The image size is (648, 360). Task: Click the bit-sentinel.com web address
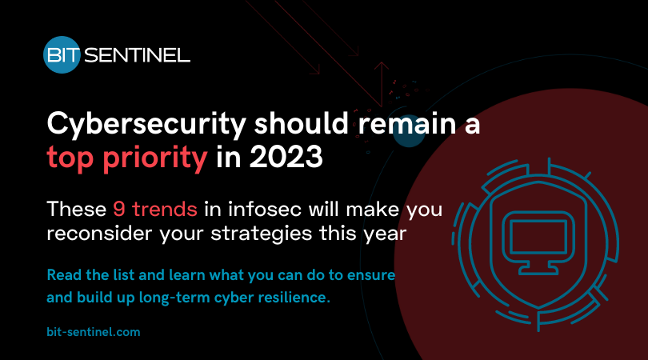pos(94,330)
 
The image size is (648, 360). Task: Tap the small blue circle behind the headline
pos(409,134)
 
